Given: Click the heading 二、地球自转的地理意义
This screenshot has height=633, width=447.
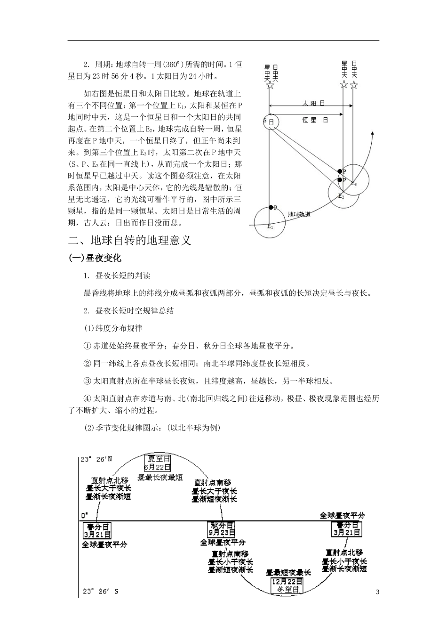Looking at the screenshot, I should (x=130, y=240).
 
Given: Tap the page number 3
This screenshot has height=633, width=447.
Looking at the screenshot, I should (x=377, y=592).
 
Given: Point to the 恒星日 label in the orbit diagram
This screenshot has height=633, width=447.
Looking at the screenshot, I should (x=315, y=121).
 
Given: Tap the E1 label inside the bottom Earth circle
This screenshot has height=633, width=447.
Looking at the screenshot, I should (x=270, y=227).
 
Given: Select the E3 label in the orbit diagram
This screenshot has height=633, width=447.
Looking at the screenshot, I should (x=354, y=184).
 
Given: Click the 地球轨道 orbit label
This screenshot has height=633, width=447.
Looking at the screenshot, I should (x=299, y=214).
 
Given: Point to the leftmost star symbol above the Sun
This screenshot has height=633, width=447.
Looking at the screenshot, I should (x=270, y=85).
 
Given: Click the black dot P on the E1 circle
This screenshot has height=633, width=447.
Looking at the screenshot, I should (x=271, y=207).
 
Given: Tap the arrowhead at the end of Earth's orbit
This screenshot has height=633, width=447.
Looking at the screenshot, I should (x=372, y=134).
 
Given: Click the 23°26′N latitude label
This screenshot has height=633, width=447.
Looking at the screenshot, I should (x=96, y=459).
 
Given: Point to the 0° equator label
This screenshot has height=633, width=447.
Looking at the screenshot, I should (x=85, y=515).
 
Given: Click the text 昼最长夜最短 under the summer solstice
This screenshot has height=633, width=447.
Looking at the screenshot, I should (x=160, y=477).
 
